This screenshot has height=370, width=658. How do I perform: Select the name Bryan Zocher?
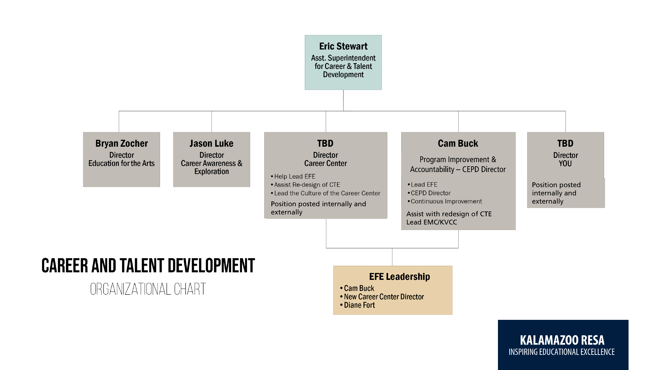pyautogui.click(x=121, y=144)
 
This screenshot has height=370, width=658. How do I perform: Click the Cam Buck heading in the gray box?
pyautogui.click(x=458, y=144)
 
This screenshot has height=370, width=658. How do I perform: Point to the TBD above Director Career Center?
pyautogui.click(x=325, y=144)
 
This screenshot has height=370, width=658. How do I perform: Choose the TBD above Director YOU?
pyautogui.click(x=565, y=144)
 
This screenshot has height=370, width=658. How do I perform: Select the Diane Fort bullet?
pyautogui.click(x=359, y=305)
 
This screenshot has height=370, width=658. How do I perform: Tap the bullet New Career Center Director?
pyautogui.click(x=384, y=297)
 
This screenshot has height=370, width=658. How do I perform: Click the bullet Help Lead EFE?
pyautogui.click(x=294, y=176)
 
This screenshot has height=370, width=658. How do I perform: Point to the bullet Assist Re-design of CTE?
pyautogui.click(x=307, y=185)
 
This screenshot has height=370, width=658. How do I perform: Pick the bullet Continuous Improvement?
pyautogui.click(x=446, y=201)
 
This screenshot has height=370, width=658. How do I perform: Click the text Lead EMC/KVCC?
pyautogui.click(x=431, y=222)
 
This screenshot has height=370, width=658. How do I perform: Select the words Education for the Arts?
pyautogui.click(x=121, y=163)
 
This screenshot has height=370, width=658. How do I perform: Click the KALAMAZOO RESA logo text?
pyautogui.click(x=562, y=340)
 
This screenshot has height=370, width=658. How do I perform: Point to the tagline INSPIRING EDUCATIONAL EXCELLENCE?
pyautogui.click(x=561, y=352)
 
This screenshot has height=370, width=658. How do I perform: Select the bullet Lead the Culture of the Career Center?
pyautogui.click(x=327, y=193)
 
